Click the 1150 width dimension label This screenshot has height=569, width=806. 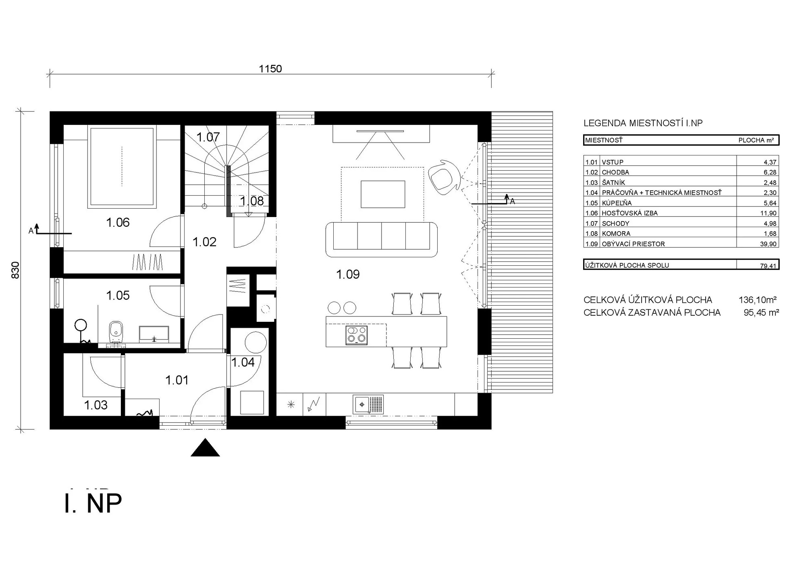(x=270, y=69)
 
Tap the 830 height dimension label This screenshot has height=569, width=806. (x=15, y=270)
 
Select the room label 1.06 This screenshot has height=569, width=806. (x=118, y=222)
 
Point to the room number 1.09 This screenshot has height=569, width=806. (x=348, y=274)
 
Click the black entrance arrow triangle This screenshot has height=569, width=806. (x=205, y=448)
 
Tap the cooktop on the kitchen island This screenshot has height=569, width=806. (x=357, y=335)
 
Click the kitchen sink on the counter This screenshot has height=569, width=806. (x=368, y=404)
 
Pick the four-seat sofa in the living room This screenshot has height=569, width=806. (x=381, y=239)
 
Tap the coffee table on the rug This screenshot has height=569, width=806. (x=383, y=194)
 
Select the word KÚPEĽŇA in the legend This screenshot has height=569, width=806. (x=617, y=203)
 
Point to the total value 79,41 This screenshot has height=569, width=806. (x=767, y=266)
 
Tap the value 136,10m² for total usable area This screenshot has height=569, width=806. (x=758, y=300)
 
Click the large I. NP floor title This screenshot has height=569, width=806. (x=93, y=503)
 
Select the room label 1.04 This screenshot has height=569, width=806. (x=243, y=362)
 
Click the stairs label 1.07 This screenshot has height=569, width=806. (x=208, y=137)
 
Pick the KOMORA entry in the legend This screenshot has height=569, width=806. (x=616, y=234)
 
